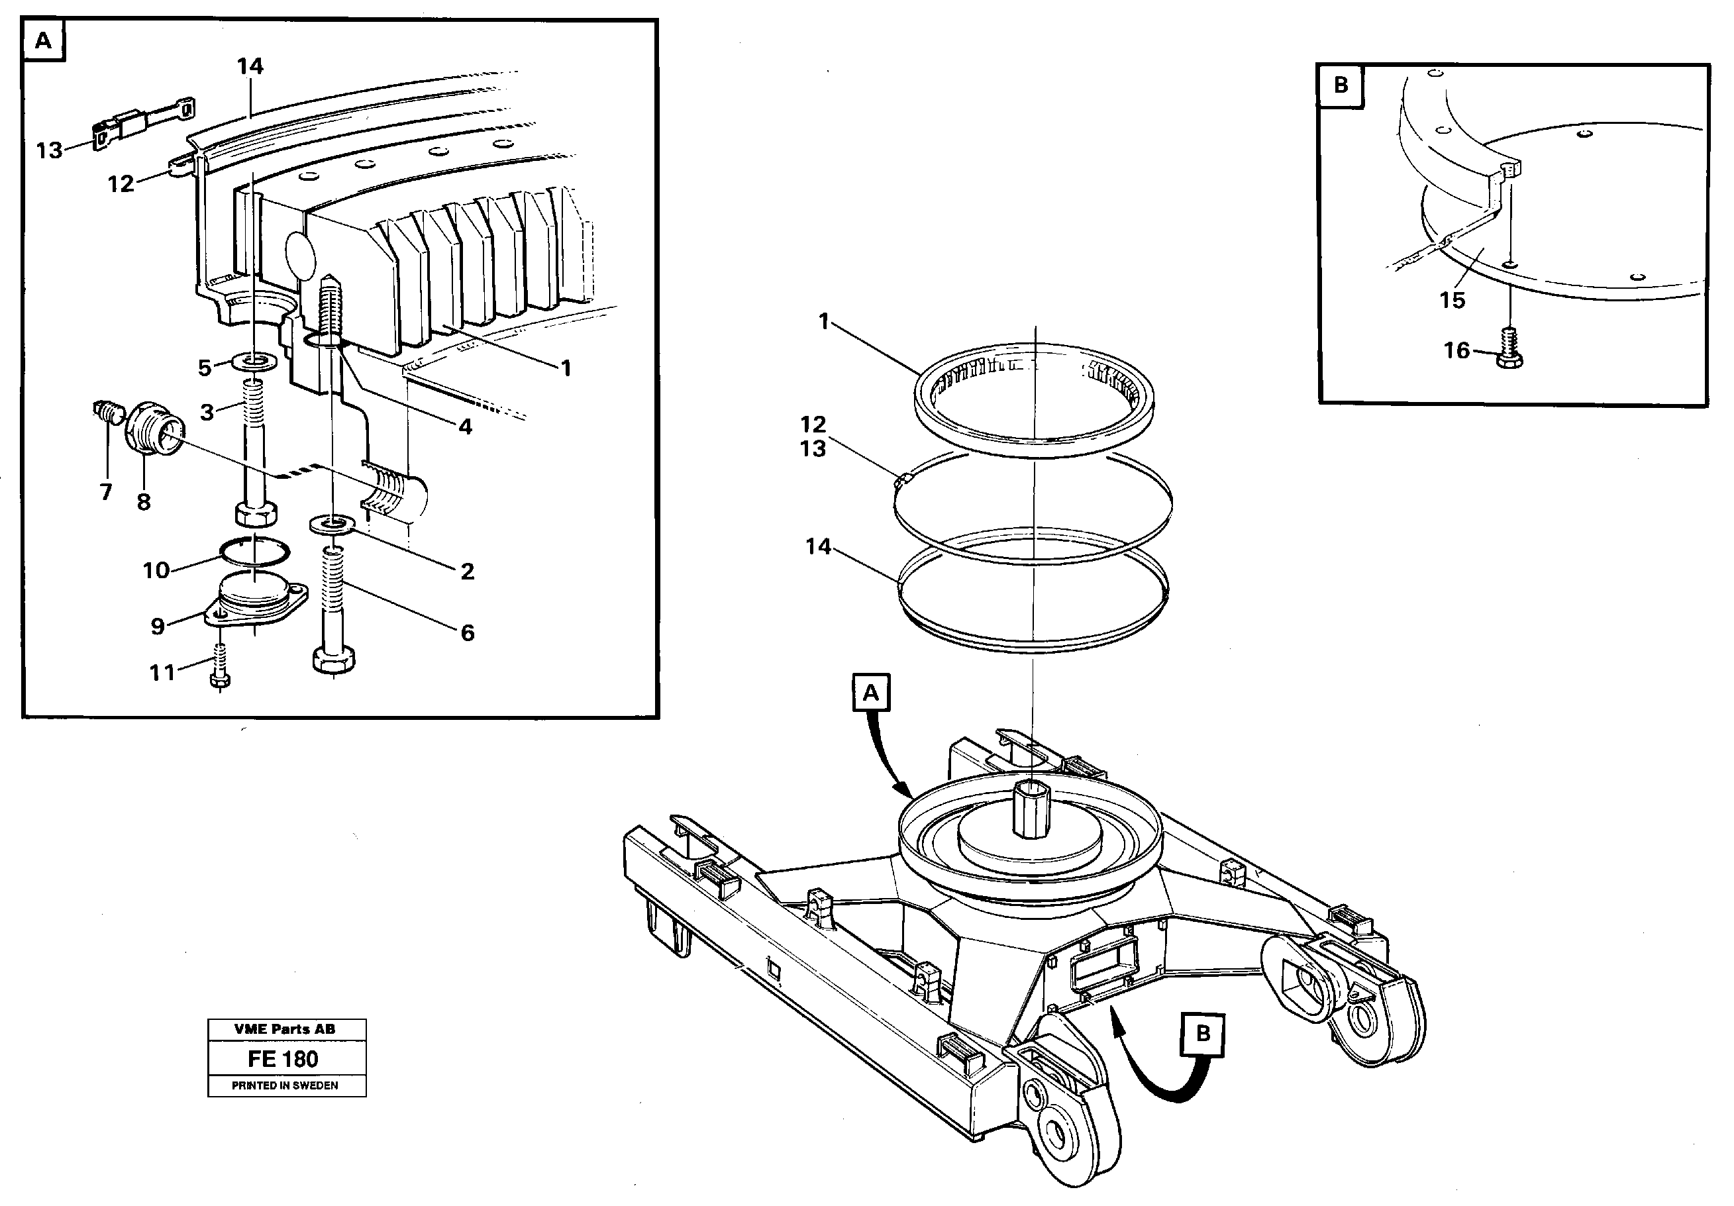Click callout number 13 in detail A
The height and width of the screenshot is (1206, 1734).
[49, 150]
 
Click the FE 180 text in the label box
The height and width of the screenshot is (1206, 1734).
[283, 1060]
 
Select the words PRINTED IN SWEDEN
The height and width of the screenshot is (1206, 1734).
[285, 1086]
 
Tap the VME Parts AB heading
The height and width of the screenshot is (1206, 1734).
[285, 1029]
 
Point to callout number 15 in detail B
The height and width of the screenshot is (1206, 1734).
[1452, 301]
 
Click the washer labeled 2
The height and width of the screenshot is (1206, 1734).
[333, 523]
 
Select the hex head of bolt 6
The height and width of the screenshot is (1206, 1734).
[333, 661]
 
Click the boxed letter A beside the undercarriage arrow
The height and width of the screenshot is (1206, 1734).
[871, 693]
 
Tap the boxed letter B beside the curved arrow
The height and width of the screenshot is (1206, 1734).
[1203, 1033]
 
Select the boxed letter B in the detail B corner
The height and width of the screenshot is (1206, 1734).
[1341, 85]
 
